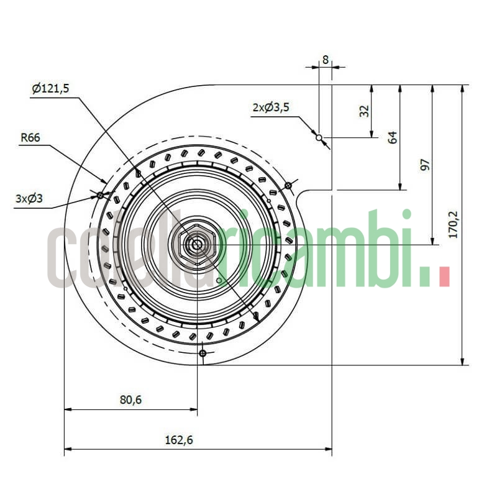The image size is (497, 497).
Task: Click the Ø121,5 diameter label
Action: point(50,89)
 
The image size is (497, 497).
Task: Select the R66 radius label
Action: point(30,138)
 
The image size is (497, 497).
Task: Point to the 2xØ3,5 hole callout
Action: point(270,107)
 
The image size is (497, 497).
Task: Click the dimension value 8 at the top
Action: point(325,60)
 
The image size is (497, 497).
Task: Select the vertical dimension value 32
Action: point(365,111)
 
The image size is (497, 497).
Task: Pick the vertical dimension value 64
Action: point(393,137)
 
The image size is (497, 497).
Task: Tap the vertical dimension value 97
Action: point(425,165)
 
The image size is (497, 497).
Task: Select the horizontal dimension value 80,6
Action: point(130,400)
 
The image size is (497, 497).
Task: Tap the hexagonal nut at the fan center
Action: point(196,244)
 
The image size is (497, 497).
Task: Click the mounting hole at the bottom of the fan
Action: point(202,353)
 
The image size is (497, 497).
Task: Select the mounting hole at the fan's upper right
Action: point(288,185)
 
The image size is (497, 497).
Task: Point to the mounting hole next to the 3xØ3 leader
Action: point(100,195)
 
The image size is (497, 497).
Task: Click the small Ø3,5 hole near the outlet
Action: point(319,137)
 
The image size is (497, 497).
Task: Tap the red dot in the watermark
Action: point(444,276)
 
